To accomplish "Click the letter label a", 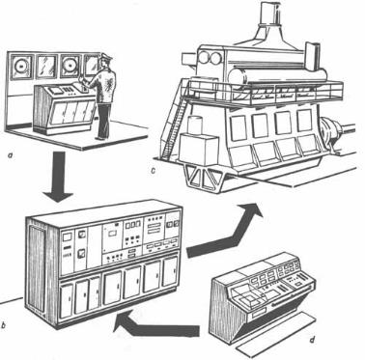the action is pyautogui.click(x=11, y=156).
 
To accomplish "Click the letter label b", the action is pyautogui.click(x=3, y=325).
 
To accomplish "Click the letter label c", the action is pyautogui.click(x=153, y=171).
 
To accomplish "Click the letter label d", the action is pyautogui.click(x=311, y=339).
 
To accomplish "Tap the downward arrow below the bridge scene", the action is pyautogui.click(x=59, y=177).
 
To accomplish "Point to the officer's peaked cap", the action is pyautogui.click(x=105, y=58).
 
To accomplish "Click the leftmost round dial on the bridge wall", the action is pyautogui.click(x=21, y=67).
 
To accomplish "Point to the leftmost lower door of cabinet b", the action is pyautogui.click(x=67, y=300).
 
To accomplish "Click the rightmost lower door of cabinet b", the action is pyautogui.click(x=170, y=272).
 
